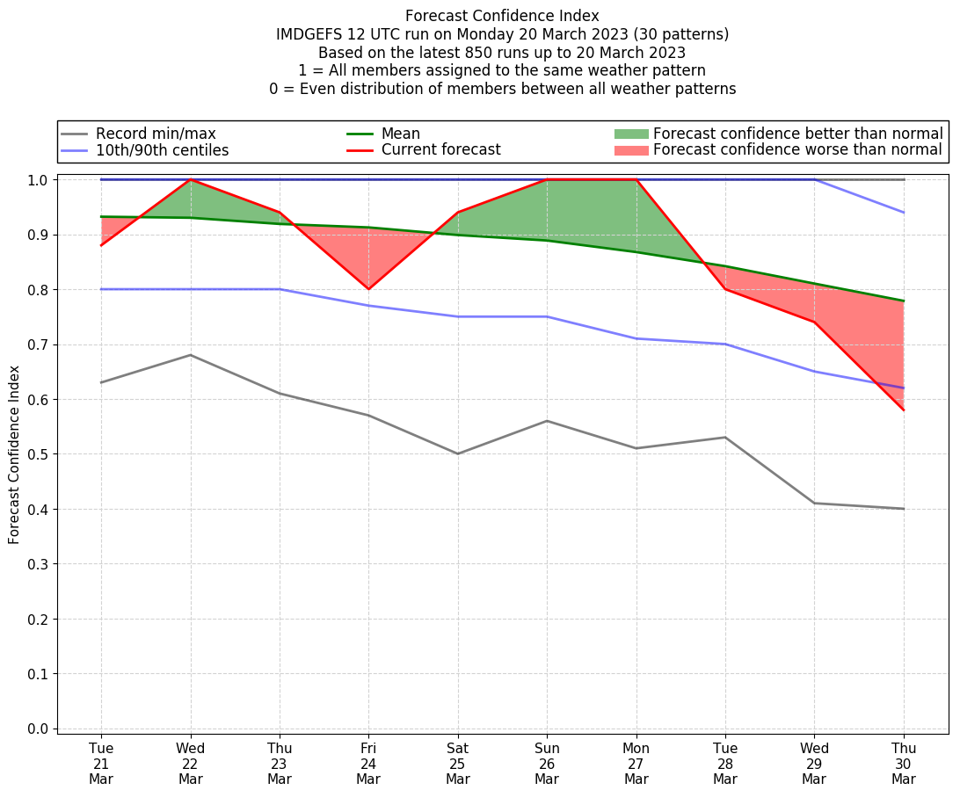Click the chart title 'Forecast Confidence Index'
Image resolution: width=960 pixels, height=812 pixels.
[502, 16]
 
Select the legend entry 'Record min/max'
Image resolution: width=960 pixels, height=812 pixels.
[156, 134]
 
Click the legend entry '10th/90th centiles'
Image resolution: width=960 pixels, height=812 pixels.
[162, 150]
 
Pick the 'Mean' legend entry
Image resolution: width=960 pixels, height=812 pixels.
[400, 134]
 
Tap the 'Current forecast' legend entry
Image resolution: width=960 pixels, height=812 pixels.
[440, 150]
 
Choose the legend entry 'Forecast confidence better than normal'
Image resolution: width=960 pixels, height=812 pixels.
[797, 134]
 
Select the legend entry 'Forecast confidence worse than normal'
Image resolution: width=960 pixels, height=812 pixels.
[797, 150]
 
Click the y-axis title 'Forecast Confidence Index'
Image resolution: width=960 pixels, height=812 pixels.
[15, 454]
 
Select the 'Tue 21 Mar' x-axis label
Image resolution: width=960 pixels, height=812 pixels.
[101, 764]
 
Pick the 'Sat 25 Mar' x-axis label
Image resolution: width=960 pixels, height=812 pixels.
[458, 764]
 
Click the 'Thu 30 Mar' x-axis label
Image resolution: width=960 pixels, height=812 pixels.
[904, 764]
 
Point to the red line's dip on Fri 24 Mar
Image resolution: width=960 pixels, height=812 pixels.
[368, 289]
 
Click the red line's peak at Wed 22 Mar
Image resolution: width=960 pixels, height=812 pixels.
[191, 180]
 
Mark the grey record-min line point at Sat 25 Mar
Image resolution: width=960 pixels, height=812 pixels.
[458, 453]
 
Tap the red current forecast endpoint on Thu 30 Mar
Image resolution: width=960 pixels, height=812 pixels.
[904, 410]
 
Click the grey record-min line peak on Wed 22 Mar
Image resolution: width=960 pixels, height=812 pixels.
[191, 355]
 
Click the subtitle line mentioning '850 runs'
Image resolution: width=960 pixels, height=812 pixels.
[502, 53]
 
